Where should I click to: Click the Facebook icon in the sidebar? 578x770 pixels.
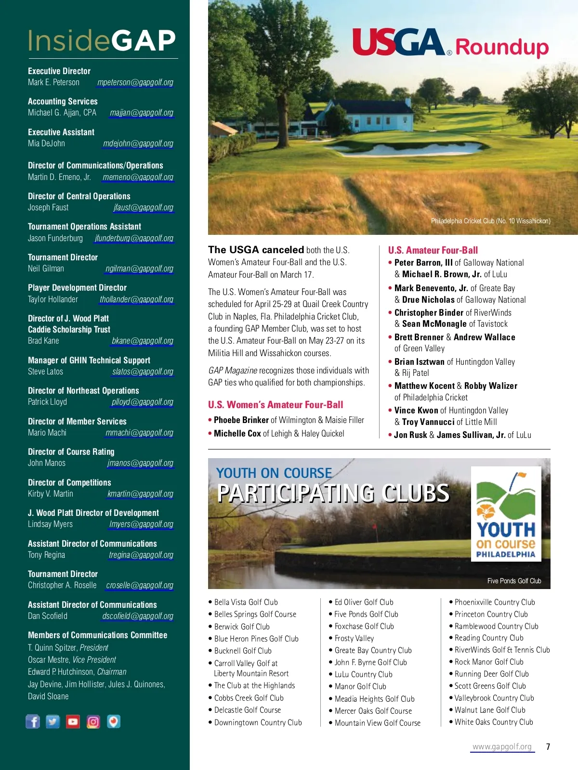33,721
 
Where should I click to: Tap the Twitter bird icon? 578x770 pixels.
53,721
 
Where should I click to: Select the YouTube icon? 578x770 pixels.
73,721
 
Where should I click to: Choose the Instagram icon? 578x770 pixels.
93,721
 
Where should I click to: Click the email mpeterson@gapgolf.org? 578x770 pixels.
135,82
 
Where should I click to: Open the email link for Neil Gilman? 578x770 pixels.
139,269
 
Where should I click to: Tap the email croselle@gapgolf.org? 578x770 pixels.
140,585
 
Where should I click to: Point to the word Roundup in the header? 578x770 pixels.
502,47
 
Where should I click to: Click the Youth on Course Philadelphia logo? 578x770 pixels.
506,514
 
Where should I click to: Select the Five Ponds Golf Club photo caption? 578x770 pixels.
514,581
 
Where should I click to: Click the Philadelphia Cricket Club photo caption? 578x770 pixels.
490,221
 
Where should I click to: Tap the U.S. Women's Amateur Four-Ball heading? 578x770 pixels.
276,405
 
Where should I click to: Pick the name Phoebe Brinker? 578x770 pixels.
235,420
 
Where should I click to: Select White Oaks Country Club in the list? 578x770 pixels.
494,722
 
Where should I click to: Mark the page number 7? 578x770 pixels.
548,747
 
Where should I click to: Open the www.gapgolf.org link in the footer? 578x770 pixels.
502,747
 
